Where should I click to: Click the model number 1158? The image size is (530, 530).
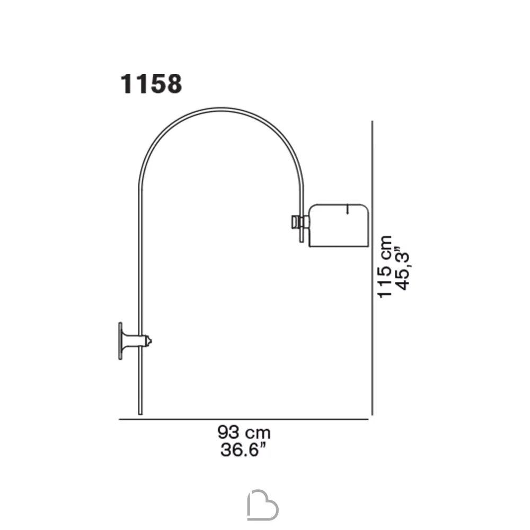151,84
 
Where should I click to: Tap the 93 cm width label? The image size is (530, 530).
244,432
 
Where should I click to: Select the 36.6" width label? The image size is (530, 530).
243,450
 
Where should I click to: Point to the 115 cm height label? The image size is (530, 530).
385,267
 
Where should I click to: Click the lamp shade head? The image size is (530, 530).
338,225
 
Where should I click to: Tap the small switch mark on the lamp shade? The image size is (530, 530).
348,208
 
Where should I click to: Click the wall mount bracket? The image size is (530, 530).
135,341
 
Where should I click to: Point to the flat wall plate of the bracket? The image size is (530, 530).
120,341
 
